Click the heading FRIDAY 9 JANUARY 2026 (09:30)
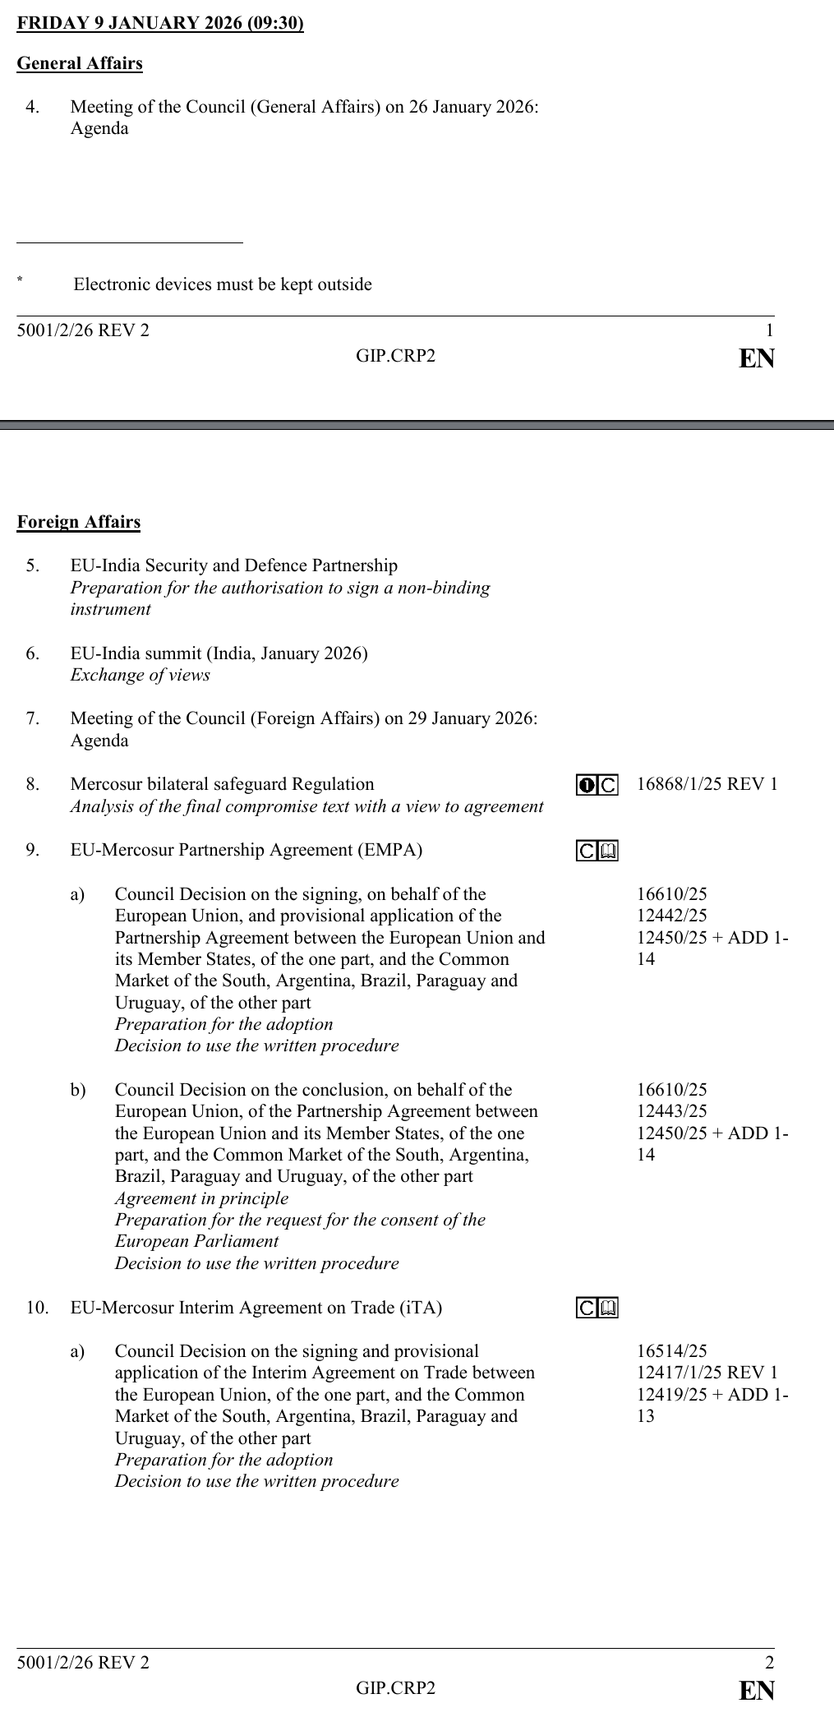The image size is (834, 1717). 160,23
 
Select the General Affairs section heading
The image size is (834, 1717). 80,63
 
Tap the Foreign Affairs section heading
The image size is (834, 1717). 79,522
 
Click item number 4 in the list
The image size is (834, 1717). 32,107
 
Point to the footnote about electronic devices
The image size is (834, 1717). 223,284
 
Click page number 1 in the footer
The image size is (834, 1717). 769,330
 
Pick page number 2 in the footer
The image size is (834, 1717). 769,1663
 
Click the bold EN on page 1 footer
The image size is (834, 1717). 757,358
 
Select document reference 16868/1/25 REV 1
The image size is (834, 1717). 707,784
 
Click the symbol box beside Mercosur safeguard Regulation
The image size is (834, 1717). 597,785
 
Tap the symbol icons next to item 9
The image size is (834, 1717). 597,851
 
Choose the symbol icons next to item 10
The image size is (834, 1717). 597,1309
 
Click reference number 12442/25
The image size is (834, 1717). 671,916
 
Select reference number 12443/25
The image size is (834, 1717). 671,1111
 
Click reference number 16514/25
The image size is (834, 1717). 671,1351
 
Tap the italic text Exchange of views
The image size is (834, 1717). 140,675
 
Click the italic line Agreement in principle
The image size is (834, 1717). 201,1198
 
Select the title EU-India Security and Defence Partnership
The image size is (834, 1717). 233,565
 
